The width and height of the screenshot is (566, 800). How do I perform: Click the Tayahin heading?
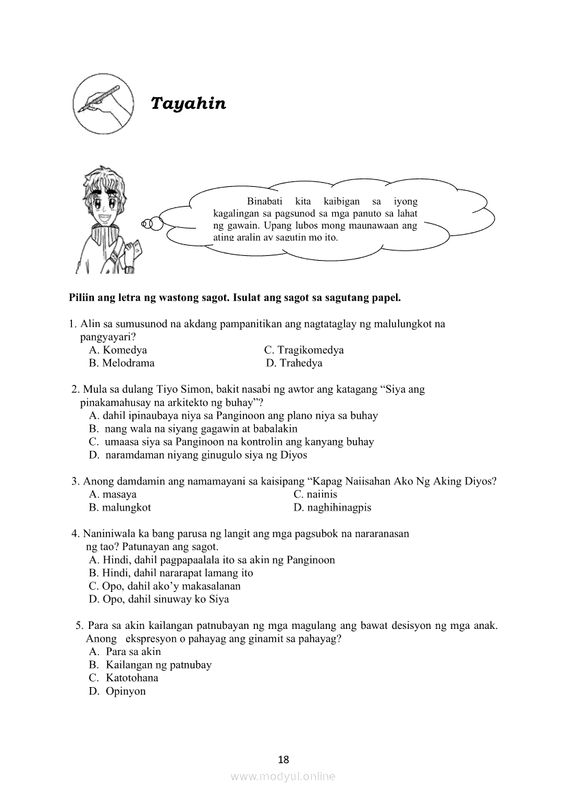[x=188, y=103]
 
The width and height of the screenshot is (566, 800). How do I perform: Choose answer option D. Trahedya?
[x=294, y=363]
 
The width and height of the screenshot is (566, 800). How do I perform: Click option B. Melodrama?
[x=121, y=363]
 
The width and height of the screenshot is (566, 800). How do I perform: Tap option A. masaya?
[x=112, y=494]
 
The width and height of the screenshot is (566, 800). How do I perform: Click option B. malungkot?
[x=120, y=507]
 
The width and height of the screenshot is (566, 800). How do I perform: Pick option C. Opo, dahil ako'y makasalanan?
[x=164, y=586]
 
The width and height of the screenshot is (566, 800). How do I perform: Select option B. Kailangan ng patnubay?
[x=150, y=664]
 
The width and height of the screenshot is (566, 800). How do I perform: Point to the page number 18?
[x=284, y=760]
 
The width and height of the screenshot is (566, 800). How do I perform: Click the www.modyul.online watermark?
[x=283, y=777]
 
